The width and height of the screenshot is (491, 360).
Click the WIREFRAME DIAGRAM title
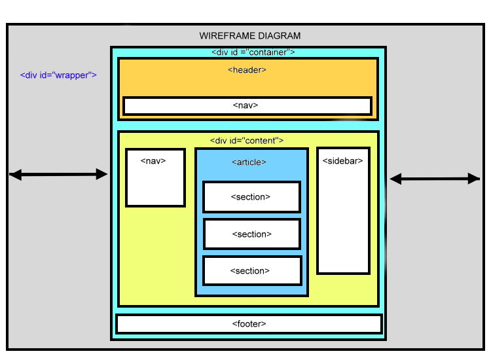(x=249, y=36)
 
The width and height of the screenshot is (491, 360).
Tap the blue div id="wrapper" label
(x=58, y=75)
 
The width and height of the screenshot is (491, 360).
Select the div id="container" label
(x=253, y=52)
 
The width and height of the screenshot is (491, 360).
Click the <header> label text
(x=247, y=69)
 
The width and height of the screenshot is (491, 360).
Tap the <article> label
(x=249, y=162)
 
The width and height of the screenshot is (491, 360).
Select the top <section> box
(x=251, y=197)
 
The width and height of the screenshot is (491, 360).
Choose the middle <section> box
(x=252, y=234)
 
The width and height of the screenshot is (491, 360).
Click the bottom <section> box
(x=252, y=271)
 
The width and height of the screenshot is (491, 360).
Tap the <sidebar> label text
(x=342, y=160)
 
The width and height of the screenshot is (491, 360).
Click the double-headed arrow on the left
(x=58, y=174)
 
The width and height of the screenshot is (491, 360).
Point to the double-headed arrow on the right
(x=435, y=178)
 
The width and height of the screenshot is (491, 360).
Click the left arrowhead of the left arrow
(x=15, y=175)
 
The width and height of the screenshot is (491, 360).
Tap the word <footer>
(x=249, y=324)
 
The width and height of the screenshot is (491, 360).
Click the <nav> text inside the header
(x=245, y=105)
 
